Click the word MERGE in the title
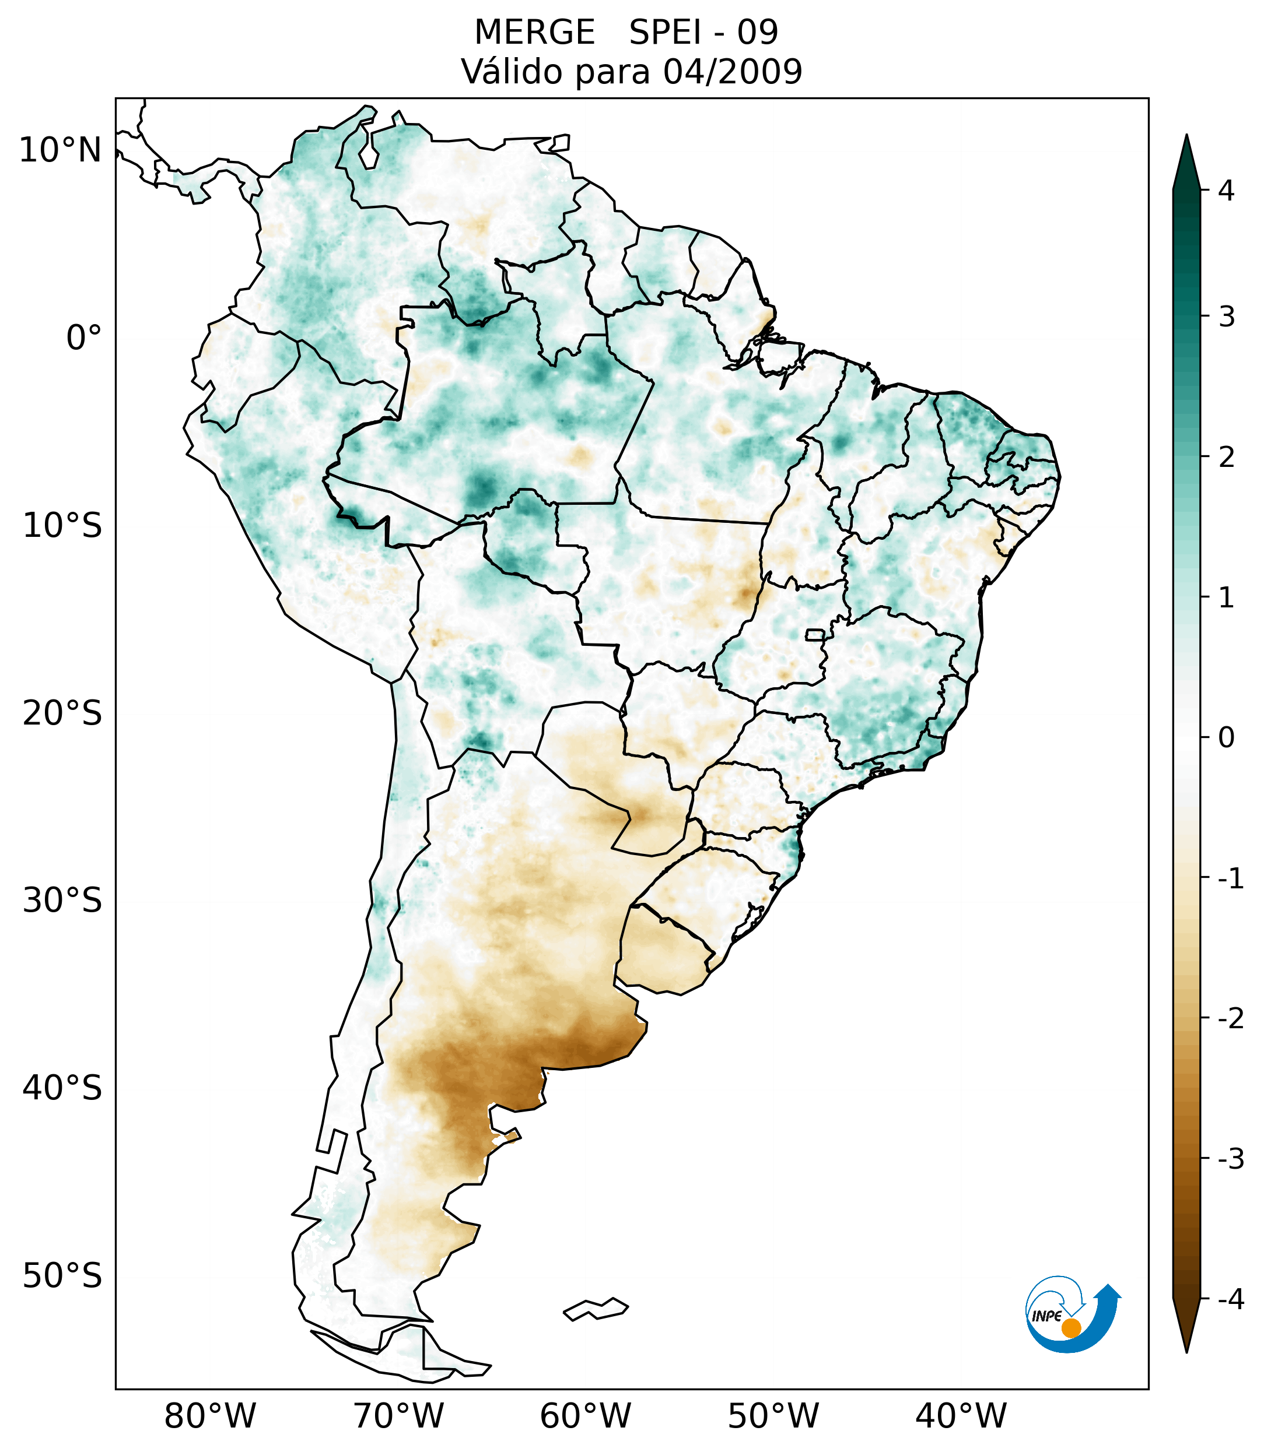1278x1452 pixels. click(x=534, y=33)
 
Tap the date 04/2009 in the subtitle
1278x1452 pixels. click(x=732, y=72)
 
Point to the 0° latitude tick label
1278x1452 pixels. click(x=84, y=338)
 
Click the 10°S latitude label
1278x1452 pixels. click(x=62, y=526)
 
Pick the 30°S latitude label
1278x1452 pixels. click(x=62, y=901)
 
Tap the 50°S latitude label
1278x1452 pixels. click(x=62, y=1277)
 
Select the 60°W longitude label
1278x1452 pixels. click(x=585, y=1416)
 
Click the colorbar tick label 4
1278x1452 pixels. click(x=1226, y=191)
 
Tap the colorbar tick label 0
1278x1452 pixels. click(x=1226, y=738)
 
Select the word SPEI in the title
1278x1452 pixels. click(x=664, y=33)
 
